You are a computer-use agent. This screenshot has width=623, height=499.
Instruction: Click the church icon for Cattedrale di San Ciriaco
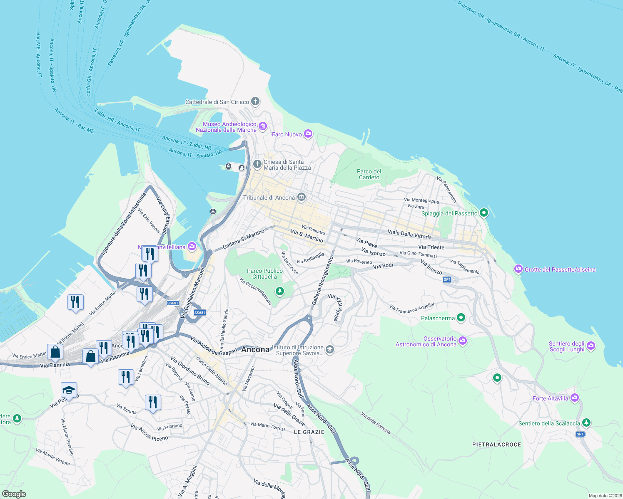click(255, 101)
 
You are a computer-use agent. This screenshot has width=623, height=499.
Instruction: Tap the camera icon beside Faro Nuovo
click(308, 133)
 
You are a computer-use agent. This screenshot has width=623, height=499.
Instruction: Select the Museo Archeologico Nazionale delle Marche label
click(226, 127)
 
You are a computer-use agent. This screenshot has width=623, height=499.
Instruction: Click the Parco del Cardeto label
click(369, 174)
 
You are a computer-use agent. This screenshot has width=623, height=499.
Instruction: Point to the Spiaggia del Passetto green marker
click(483, 213)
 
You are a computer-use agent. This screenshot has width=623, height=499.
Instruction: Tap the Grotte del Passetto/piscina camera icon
click(518, 269)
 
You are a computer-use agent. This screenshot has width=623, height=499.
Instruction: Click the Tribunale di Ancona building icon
click(302, 197)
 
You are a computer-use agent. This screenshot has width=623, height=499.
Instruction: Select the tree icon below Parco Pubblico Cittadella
click(280, 291)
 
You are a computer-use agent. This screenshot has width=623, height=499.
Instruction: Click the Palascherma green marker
click(461, 318)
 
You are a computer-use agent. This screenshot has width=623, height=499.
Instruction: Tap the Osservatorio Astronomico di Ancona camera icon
click(463, 341)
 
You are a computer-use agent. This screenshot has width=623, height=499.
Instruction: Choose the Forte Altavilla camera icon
click(575, 398)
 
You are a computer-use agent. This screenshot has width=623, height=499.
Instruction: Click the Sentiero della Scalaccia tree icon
click(586, 423)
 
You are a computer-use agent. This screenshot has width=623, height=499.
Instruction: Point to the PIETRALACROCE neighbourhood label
click(496, 445)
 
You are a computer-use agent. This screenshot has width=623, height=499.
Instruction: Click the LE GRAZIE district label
click(309, 432)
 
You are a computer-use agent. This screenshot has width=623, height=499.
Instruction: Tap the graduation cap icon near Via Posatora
click(69, 390)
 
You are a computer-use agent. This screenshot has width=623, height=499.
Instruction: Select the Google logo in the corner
click(14, 494)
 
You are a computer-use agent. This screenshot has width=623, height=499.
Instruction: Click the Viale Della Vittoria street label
click(409, 235)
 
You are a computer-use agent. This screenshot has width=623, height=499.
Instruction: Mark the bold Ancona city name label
click(255, 350)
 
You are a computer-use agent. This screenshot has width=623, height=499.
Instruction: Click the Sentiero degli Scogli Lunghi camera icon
click(591, 346)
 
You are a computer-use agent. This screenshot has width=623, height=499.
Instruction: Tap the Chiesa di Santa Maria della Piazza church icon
click(257, 164)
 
